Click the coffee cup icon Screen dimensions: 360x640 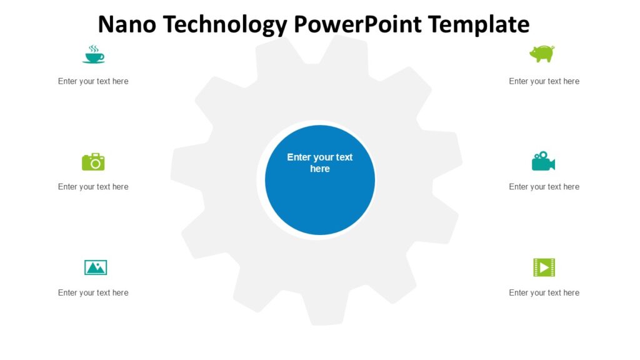93,56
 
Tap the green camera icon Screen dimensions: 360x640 93,162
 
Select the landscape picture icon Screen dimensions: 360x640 96,267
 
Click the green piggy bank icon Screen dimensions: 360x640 541,54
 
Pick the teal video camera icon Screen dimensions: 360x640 542,161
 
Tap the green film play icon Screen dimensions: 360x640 544,267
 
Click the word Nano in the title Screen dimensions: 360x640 128,24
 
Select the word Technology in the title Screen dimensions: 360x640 226,24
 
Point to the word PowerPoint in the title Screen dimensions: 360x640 359,24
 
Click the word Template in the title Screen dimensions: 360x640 479,24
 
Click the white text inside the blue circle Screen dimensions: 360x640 320,163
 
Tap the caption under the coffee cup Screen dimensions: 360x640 93,81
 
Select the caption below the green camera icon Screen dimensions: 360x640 93,187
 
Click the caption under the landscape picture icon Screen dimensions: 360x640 93,292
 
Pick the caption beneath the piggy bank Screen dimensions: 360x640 544,81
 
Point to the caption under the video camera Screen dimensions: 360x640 544,187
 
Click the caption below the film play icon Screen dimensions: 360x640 544,292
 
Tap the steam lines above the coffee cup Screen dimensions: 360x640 93,48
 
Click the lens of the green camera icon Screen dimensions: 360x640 95,164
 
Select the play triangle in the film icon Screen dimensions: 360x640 544,267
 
